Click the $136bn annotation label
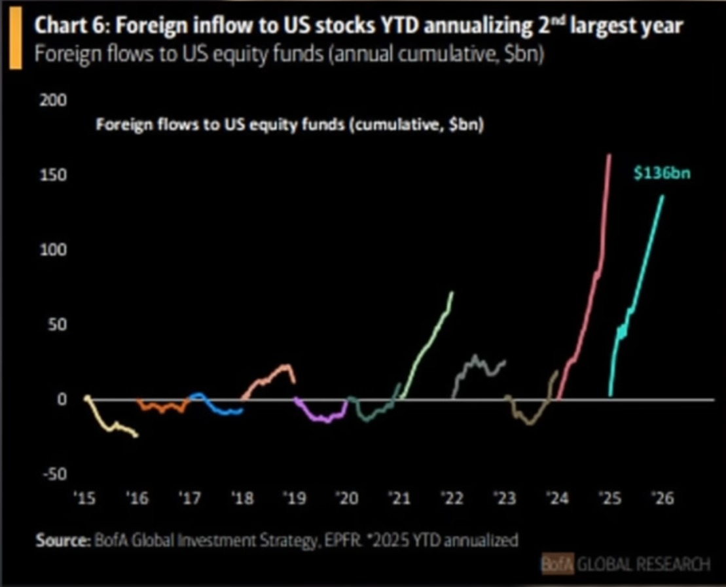pos(662,174)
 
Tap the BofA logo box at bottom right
pos(557,563)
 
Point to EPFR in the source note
pos(338,541)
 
